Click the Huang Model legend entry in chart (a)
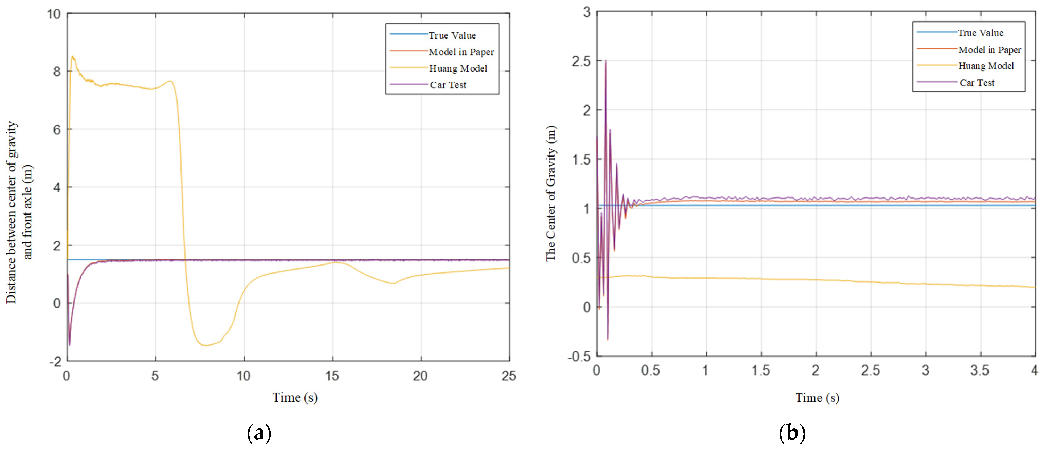click(x=458, y=68)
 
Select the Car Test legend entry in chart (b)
click(x=977, y=83)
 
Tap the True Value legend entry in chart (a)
click(x=452, y=36)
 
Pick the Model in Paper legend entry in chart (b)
click(x=989, y=50)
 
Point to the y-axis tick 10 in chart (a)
click(x=54, y=14)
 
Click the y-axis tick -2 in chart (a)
click(x=55, y=361)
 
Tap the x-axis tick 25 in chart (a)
click(x=508, y=376)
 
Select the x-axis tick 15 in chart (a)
click(x=332, y=376)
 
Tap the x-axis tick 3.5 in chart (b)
click(x=979, y=371)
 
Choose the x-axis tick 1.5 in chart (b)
click(x=760, y=371)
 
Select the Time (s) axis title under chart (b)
click(x=817, y=398)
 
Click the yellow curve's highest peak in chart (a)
click(x=73, y=57)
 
